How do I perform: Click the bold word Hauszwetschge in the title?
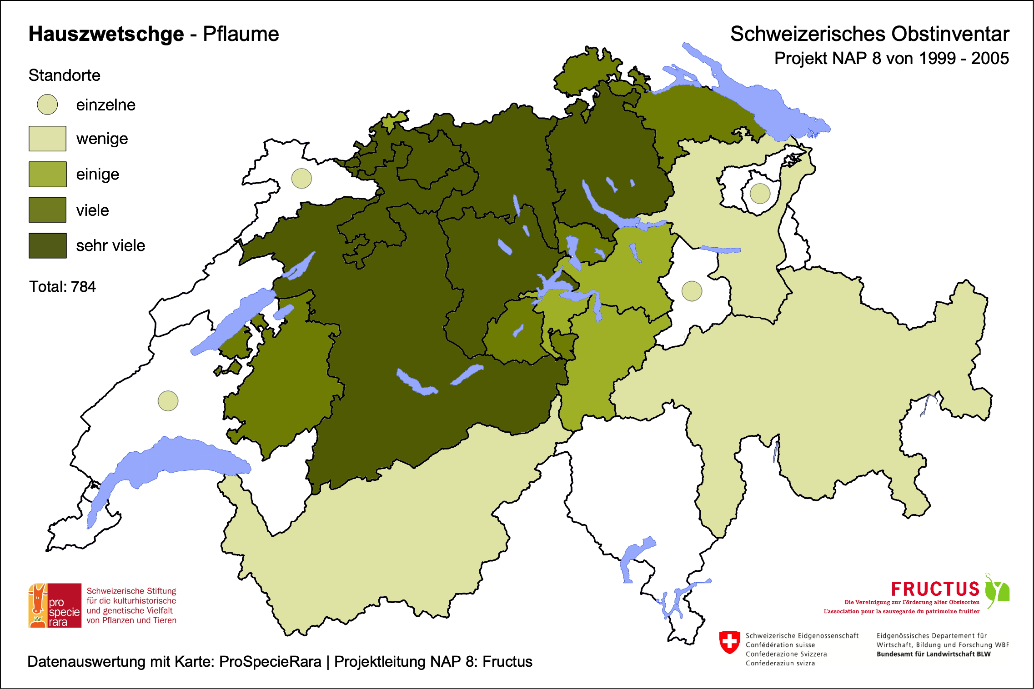coord(106,34)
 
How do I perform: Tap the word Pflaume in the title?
coord(241,34)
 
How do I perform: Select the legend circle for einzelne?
coord(47,105)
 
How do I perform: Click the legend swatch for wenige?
coord(47,139)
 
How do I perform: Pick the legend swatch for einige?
coord(47,174)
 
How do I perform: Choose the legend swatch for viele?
coord(47,210)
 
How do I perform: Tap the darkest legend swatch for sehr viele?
coord(47,245)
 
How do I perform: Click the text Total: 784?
coord(62,287)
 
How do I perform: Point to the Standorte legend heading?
coord(64,75)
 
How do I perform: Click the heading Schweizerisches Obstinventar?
coord(869,34)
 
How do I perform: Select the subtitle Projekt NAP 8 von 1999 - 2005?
coord(891,58)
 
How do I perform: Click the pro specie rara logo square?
coord(55,605)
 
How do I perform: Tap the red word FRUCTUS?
coord(935,589)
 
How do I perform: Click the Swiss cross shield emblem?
coord(730,642)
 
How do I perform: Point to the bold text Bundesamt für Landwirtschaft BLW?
coord(933,654)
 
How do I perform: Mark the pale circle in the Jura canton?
coord(301,178)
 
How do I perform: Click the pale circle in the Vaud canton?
coord(168,401)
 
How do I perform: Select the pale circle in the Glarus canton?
coord(692,291)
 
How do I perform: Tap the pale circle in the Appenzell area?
coord(760,194)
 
